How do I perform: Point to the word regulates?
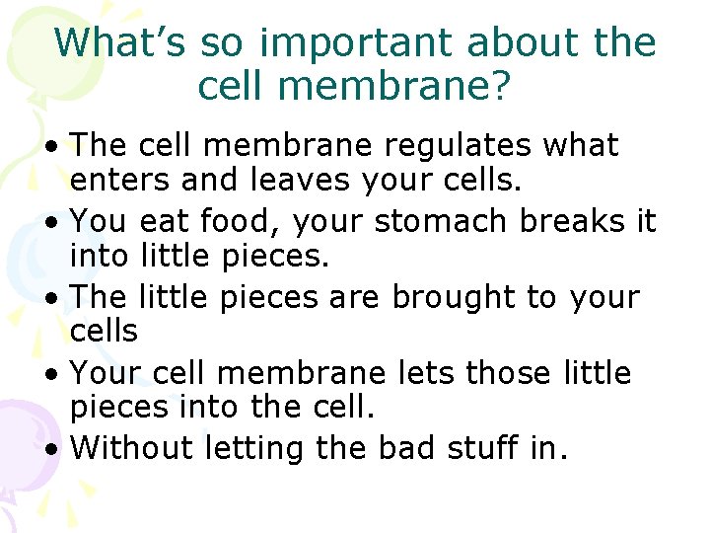point(461,146)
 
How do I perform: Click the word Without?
point(132,448)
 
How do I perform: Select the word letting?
point(254,448)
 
